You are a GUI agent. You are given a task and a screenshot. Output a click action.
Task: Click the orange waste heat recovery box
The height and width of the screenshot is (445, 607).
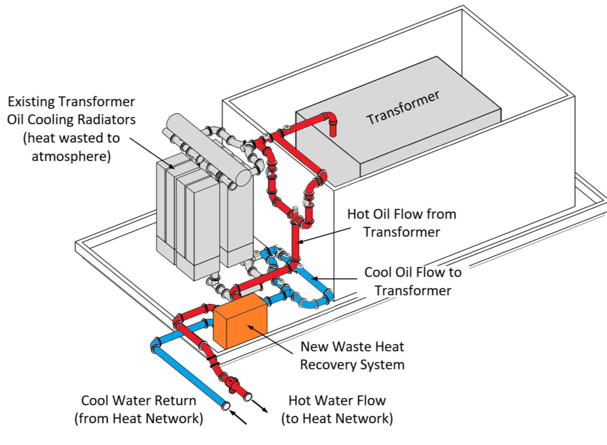click(240, 322)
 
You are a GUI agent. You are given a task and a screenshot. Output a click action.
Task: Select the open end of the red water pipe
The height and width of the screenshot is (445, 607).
click(248, 397)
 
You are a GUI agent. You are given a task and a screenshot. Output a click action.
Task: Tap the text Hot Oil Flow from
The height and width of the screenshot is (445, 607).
click(401, 214)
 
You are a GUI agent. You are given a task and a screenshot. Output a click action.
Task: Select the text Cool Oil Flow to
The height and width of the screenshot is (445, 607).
click(412, 272)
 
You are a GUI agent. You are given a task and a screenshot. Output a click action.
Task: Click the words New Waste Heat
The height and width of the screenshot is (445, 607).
click(352, 346)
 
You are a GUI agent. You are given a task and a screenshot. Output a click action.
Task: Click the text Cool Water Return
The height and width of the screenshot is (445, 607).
click(139, 400)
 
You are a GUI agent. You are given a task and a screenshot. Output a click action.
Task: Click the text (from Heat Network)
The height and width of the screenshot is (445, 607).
click(139, 418)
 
